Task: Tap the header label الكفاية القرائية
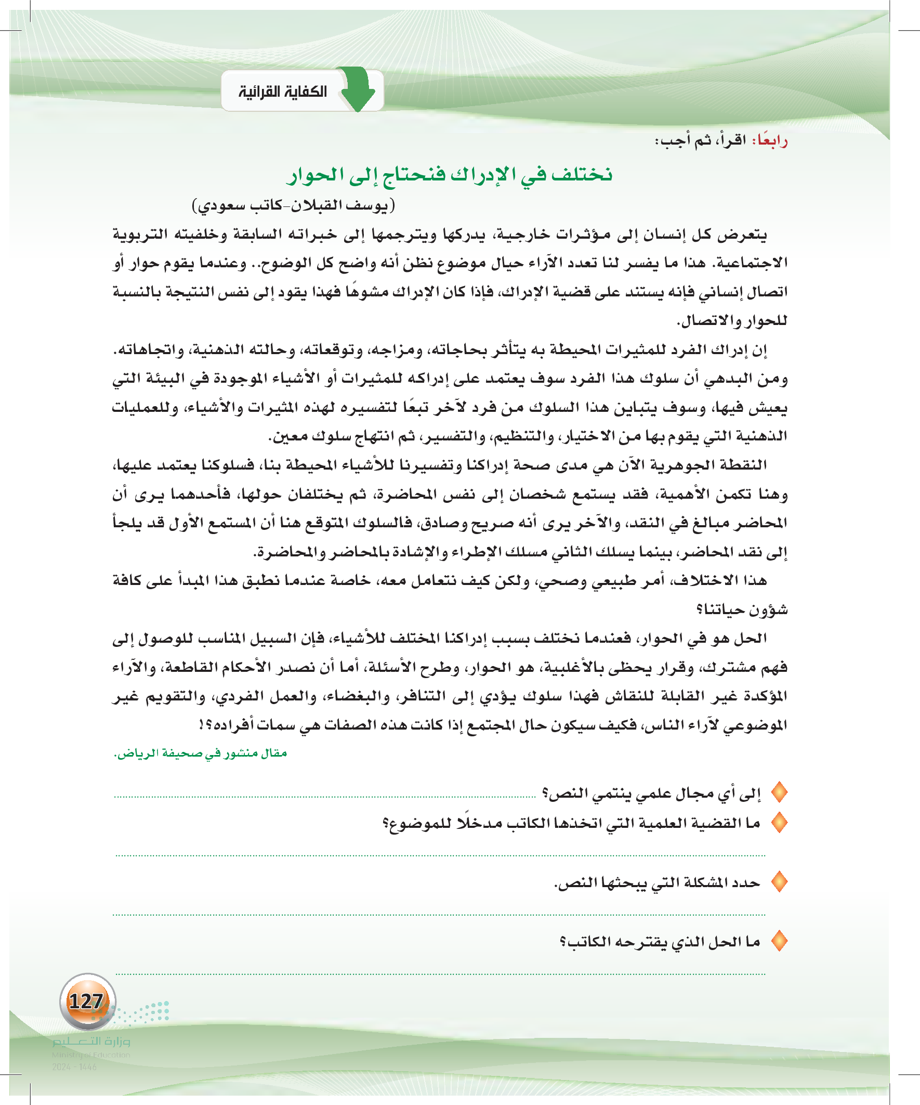point(283,92)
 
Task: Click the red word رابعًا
point(771,140)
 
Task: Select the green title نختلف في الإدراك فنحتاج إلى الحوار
point(450,174)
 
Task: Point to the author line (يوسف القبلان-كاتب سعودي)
point(294,204)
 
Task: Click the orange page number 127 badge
point(87,1001)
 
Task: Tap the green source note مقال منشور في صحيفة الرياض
point(201,753)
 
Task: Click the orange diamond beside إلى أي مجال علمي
point(779,792)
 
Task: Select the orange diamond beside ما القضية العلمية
point(779,823)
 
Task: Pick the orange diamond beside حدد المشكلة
point(779,882)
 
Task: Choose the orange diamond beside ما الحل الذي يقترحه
point(779,941)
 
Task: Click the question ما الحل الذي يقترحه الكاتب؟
point(660,941)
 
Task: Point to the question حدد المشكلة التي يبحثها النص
point(657,882)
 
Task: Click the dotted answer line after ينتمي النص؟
point(325,797)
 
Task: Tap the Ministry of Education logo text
point(91,1042)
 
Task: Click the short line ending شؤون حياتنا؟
point(742,609)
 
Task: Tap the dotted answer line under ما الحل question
point(440,974)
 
